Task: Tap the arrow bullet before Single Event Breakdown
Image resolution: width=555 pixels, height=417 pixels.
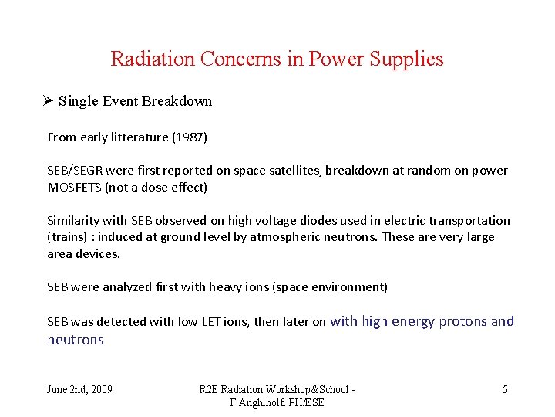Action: click(x=48, y=101)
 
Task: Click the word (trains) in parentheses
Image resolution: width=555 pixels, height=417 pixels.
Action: click(x=69, y=237)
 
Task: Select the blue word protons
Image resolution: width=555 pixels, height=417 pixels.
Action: click(x=462, y=321)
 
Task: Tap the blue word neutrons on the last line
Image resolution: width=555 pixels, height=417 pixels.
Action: click(x=76, y=340)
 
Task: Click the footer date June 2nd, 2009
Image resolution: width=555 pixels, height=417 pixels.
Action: click(x=79, y=389)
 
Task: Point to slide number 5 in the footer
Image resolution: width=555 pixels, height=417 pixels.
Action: click(x=505, y=389)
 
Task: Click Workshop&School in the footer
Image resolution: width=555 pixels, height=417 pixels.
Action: click(x=308, y=389)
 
